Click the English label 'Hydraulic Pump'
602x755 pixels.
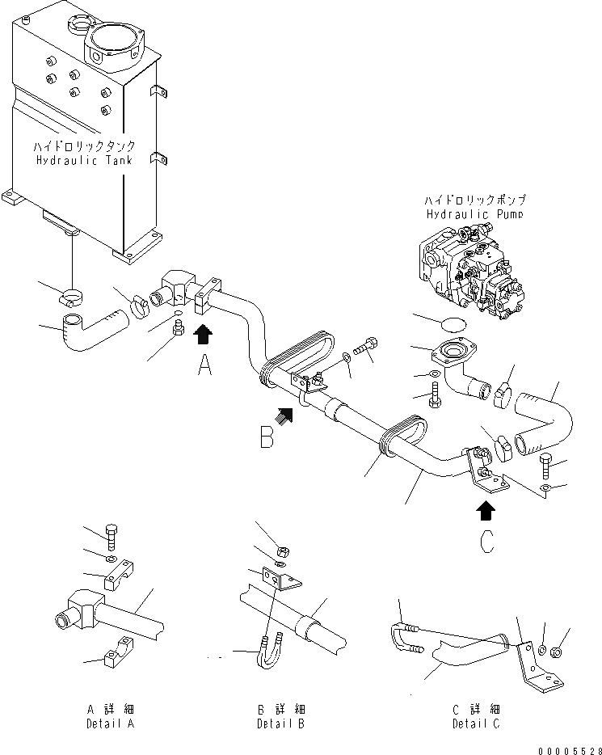click(x=474, y=214)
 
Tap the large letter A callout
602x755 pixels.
click(x=205, y=367)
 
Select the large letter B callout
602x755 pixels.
click(x=267, y=437)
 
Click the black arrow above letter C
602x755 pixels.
click(x=486, y=510)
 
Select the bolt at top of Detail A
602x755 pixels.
click(x=112, y=534)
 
